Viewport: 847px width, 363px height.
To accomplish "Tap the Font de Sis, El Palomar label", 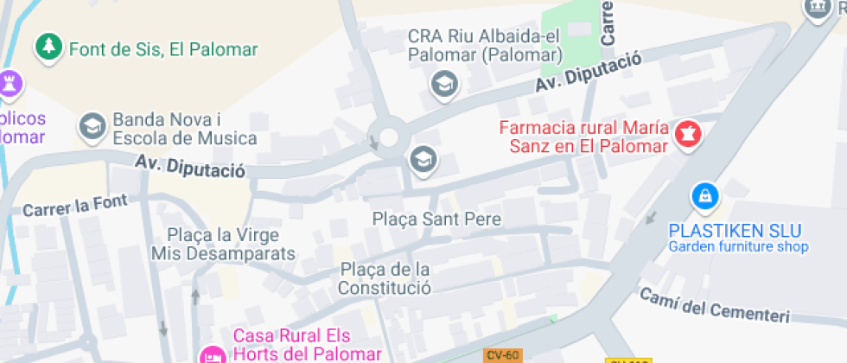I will [x=163, y=49].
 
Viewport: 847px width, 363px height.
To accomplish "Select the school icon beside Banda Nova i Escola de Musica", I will [x=90, y=126].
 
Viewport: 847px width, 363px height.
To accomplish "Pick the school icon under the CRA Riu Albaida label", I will [x=444, y=84].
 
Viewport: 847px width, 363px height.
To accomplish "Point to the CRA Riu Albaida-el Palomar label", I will [x=486, y=46].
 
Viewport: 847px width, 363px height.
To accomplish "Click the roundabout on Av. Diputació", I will [x=388, y=137].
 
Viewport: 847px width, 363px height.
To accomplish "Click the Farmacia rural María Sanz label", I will [x=584, y=137].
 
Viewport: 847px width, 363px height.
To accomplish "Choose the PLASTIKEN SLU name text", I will [x=736, y=231].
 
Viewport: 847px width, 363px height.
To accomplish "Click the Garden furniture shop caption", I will [x=738, y=247].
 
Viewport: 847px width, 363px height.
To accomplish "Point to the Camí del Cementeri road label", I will [x=715, y=306].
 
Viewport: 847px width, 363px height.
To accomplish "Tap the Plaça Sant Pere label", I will [x=436, y=219].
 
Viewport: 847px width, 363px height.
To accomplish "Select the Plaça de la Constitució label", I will [x=385, y=278].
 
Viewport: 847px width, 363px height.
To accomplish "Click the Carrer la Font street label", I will [x=75, y=206].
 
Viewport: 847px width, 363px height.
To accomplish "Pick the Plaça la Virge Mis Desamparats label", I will [x=223, y=244].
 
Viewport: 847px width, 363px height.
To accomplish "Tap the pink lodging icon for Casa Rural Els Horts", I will [x=211, y=354].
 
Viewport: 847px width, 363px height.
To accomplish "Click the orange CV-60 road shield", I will [x=501, y=355].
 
